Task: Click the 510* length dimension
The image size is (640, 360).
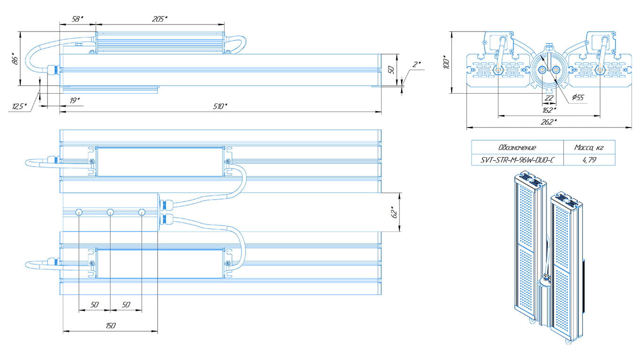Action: [220, 106]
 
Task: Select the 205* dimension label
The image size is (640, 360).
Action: [160, 19]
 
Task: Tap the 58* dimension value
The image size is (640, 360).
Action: [78, 19]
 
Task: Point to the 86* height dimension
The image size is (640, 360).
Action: [15, 59]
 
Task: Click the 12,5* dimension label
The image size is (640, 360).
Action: [18, 107]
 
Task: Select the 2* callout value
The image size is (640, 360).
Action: [416, 64]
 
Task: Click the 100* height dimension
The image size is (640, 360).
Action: [446, 62]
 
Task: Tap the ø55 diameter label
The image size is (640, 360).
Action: [577, 97]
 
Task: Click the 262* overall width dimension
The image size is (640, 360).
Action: [549, 121]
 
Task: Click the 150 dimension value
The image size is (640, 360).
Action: [111, 326]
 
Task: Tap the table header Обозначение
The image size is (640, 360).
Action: [517, 148]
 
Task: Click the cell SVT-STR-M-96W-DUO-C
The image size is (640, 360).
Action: [517, 160]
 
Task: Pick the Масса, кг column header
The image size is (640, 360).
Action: [589, 148]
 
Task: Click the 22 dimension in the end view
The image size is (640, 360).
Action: [549, 98]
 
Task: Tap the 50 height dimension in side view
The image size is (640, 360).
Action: [390, 70]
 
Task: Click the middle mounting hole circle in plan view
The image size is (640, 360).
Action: [110, 213]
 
